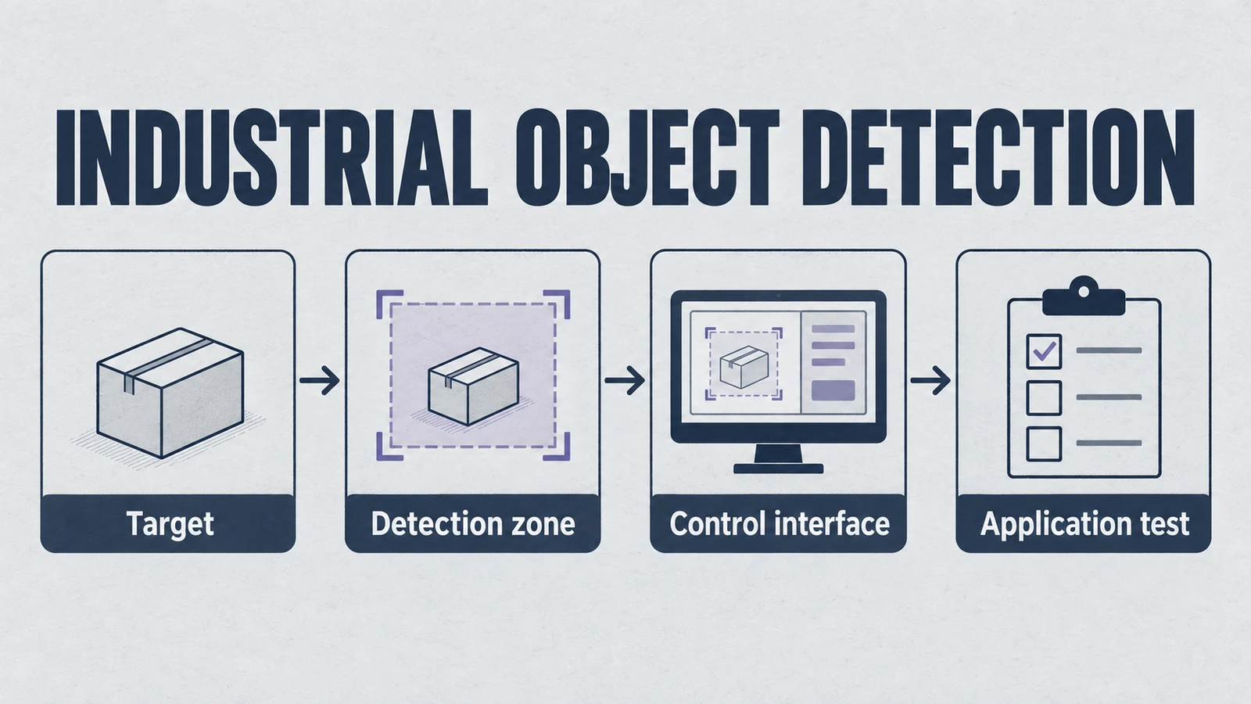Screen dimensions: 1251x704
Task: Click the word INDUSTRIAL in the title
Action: click(x=273, y=157)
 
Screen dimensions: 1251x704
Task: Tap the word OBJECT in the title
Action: click(x=647, y=157)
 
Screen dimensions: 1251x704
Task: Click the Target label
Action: click(x=170, y=524)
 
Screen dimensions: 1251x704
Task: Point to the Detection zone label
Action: click(x=472, y=523)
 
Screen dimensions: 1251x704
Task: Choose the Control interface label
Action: click(x=779, y=523)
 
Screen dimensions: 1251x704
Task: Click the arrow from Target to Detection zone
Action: click(x=320, y=380)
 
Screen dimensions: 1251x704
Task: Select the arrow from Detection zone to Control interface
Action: click(x=625, y=380)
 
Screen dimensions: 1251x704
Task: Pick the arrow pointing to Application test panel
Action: click(x=930, y=380)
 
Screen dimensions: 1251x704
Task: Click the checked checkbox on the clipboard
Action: click(x=1044, y=351)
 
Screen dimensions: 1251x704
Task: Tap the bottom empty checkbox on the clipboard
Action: click(x=1044, y=444)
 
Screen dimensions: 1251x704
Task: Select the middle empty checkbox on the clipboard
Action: click(x=1044, y=397)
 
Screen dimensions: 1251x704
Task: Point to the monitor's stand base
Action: click(x=778, y=469)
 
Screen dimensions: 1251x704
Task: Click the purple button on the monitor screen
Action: click(x=833, y=390)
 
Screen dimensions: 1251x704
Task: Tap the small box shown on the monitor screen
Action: click(x=744, y=367)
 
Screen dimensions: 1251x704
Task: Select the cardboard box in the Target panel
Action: click(x=170, y=393)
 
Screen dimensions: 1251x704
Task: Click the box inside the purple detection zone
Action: click(x=473, y=386)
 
